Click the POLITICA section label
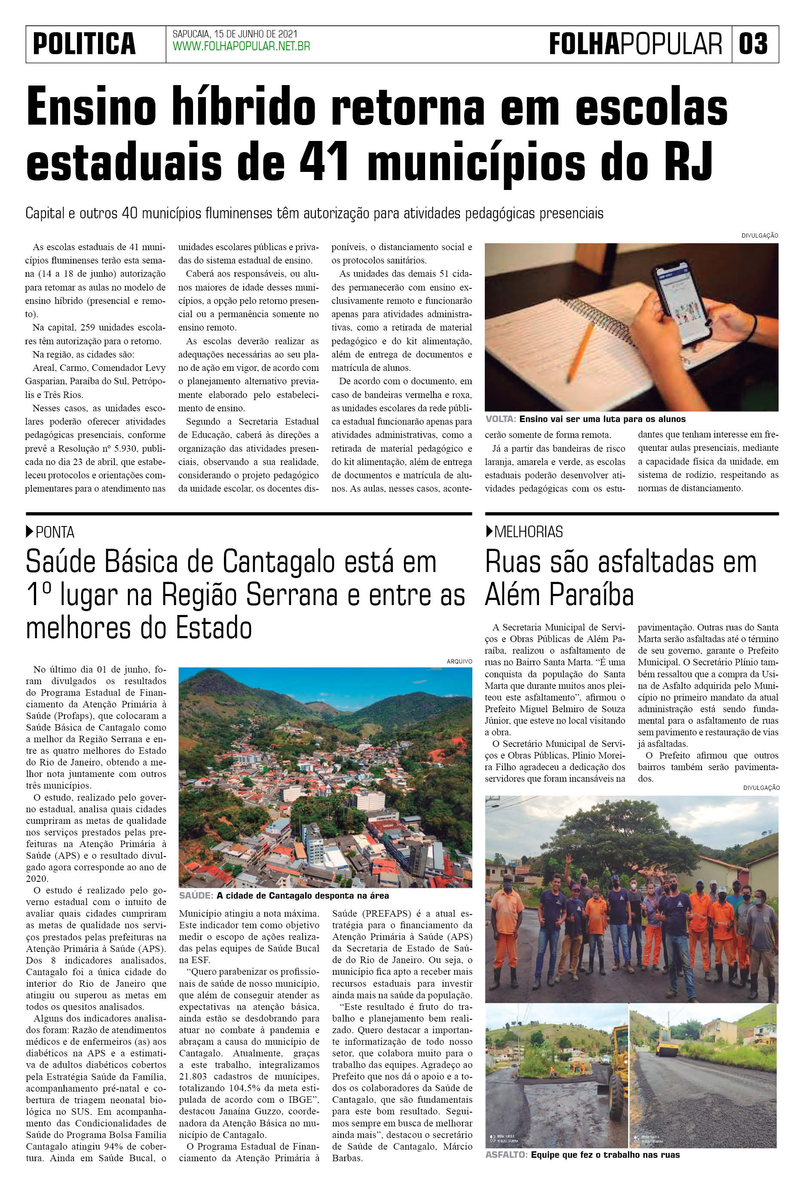coord(84,44)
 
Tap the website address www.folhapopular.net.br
coord(241,47)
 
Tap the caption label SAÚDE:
coord(196,896)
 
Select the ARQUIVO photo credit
coord(459,662)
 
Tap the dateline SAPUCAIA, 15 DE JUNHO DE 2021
coord(235,34)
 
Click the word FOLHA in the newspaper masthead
coord(584,44)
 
